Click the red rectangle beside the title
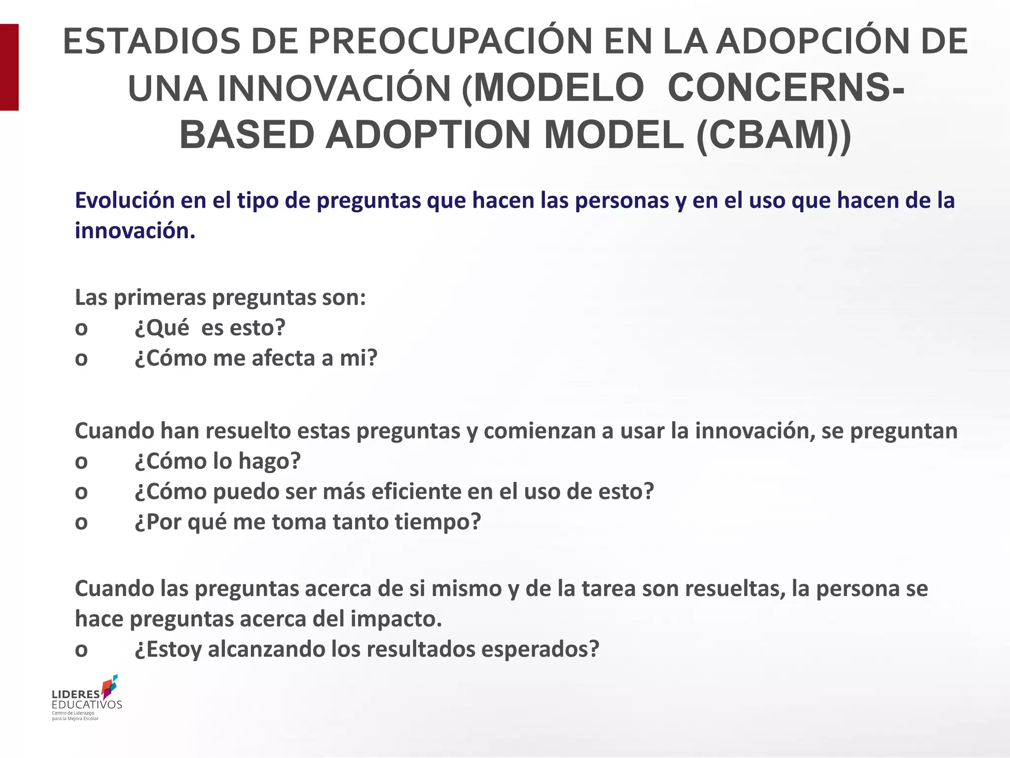coord(9,67)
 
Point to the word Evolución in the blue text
coord(125,200)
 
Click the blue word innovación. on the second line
coord(135,230)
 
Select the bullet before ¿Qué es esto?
coord(81,329)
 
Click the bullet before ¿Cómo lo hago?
coord(81,462)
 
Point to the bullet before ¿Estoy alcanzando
coord(81,650)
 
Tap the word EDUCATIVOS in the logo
coord(87,704)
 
